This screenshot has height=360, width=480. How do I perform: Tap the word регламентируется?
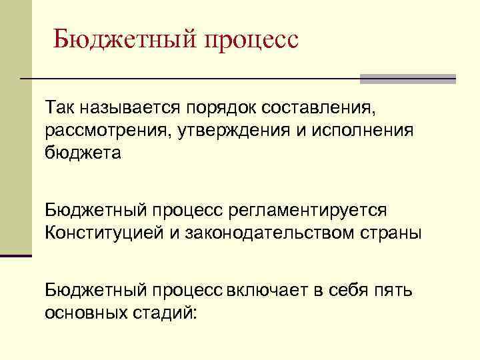tap(307, 210)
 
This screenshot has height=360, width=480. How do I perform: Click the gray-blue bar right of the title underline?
tap(408, 79)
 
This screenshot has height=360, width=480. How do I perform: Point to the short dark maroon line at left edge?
tap(16, 255)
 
